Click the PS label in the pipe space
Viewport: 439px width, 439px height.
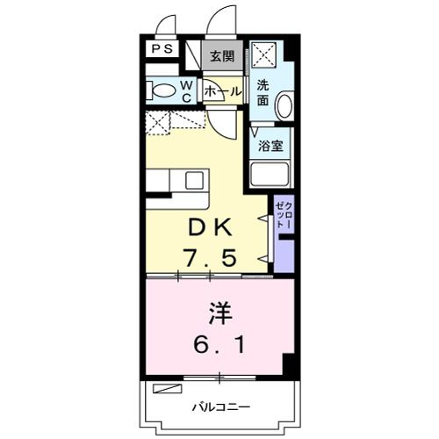[x=162, y=49]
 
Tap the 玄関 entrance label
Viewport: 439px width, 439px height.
[x=223, y=56]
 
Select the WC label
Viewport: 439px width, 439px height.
[x=186, y=92]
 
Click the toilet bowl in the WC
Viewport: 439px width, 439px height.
[x=164, y=90]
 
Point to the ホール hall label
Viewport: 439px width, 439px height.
[x=223, y=92]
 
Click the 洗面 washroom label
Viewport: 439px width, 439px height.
[x=263, y=93]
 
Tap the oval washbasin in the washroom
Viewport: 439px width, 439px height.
[x=284, y=104]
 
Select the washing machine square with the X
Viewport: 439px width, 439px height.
[x=264, y=54]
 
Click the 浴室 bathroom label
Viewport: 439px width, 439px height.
[x=270, y=146]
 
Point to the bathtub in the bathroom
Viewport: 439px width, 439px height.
[x=270, y=174]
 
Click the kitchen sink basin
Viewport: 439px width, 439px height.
[x=194, y=180]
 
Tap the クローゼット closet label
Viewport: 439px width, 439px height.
[x=284, y=215]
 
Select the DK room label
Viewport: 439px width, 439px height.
[x=211, y=227]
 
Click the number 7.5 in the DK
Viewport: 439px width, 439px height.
[x=209, y=257]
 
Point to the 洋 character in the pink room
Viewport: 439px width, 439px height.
[x=220, y=314]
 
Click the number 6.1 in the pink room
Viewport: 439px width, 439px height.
[x=219, y=345]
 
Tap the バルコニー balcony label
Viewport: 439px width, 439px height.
[x=221, y=407]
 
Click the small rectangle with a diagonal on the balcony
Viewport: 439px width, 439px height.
[x=168, y=388]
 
